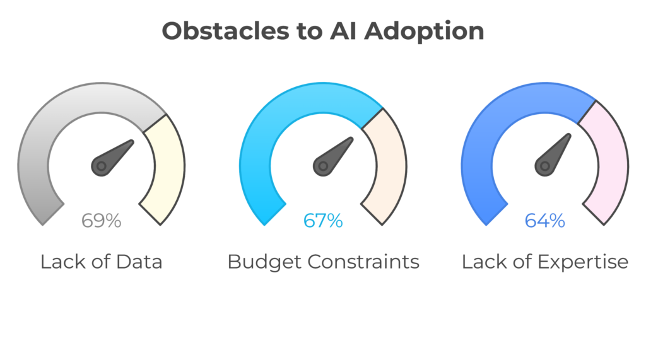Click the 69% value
click(101, 221)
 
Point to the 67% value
click(323, 221)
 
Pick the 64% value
click(545, 221)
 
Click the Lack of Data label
click(101, 262)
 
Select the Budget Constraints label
click(323, 262)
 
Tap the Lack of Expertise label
click(545, 262)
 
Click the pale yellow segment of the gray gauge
click(165, 170)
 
